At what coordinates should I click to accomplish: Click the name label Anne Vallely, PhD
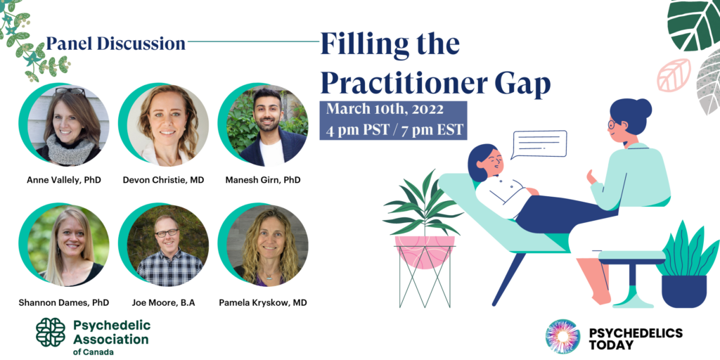point(64,180)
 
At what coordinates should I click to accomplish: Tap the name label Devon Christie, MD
point(163,180)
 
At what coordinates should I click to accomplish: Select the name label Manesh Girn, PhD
point(263,180)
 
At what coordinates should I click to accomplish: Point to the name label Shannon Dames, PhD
point(64,302)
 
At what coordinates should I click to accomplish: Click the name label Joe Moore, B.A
point(163,302)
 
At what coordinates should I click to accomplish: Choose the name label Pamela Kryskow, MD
point(263,302)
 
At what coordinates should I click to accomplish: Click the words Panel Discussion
point(116,43)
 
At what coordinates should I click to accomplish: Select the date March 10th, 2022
point(385,110)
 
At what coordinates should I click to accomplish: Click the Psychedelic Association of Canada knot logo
point(51,333)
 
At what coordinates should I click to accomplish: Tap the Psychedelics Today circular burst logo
point(563,336)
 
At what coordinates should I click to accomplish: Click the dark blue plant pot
point(683,291)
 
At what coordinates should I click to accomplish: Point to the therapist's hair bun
point(643,108)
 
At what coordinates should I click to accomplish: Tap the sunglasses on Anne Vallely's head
point(70,91)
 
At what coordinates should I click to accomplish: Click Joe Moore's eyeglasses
point(167,233)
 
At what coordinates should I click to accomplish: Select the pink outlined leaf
point(674,75)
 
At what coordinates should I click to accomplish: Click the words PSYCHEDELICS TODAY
point(636,338)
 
